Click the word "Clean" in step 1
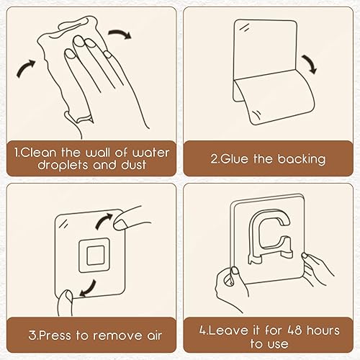coord(38,153)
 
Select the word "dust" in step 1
coord(133,165)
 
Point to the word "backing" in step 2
coord(302,159)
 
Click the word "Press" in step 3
coord(54,336)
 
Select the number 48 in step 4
coord(294,330)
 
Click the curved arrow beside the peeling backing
coord(310,63)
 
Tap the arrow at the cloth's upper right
coord(120,34)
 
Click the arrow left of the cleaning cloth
coord(26,68)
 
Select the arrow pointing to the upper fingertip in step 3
coord(104,221)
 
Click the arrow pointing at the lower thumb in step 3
coord(88,288)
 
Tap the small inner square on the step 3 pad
coord(96,256)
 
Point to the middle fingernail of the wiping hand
coord(78,41)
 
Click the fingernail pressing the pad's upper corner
coord(120,225)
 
